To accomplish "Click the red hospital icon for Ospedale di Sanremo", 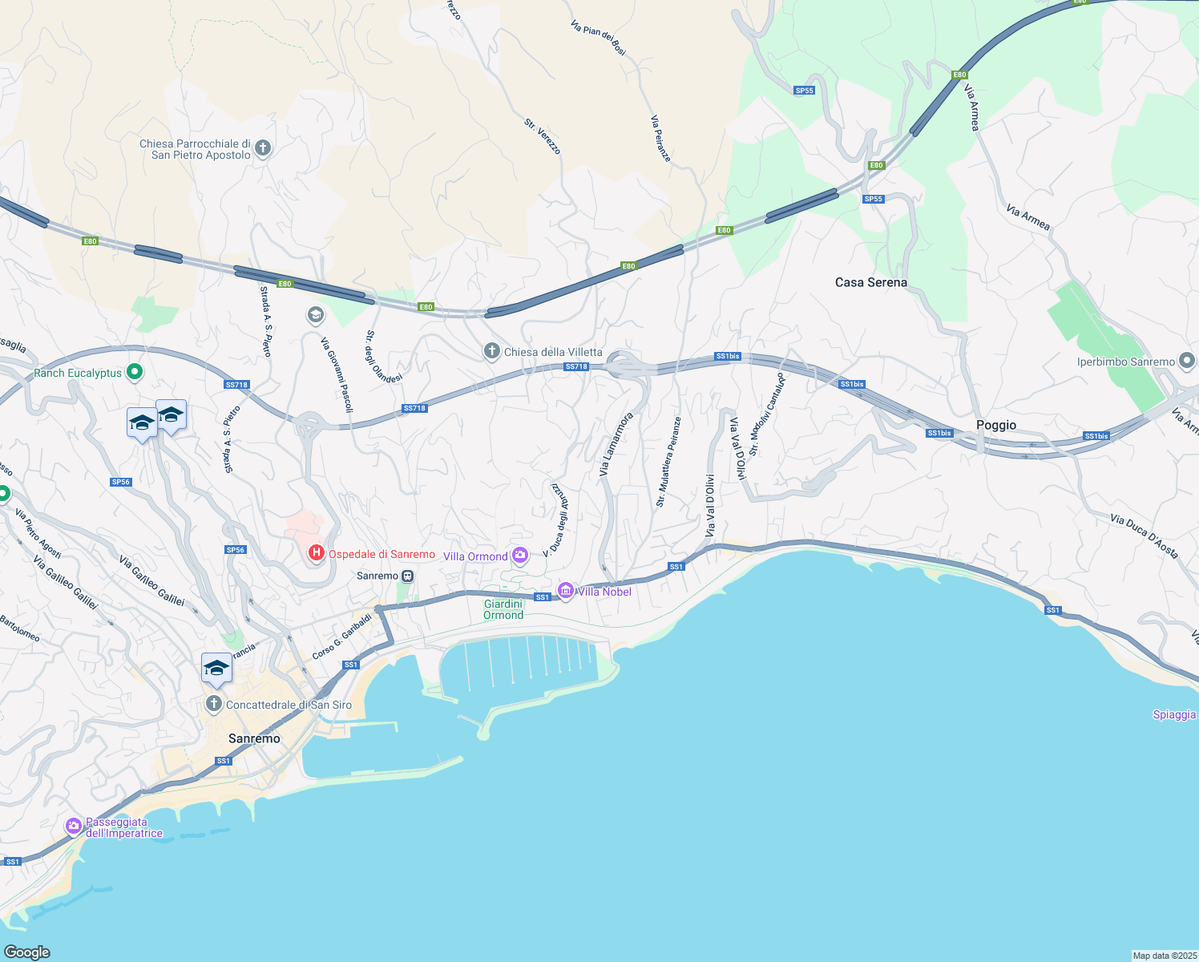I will tap(317, 553).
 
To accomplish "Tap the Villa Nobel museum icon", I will tap(566, 592).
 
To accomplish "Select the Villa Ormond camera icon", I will tap(520, 556).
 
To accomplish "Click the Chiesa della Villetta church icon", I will tap(491, 352).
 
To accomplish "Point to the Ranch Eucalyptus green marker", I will tap(135, 372).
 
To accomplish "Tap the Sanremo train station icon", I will tap(408, 576).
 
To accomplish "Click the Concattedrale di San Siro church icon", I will tap(213, 705).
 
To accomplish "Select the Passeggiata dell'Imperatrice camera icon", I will tap(74, 826).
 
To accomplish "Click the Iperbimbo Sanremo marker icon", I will tap(1187, 362).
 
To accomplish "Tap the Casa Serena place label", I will tap(871, 282).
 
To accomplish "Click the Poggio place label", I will tap(996, 425).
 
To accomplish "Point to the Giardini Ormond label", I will tap(503, 609).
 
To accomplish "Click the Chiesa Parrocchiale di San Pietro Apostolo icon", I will tap(263, 148).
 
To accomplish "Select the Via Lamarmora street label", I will tap(616, 444).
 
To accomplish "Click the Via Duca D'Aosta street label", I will tap(1144, 536).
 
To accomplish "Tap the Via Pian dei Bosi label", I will tap(598, 38).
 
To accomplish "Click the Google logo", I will tap(27, 952).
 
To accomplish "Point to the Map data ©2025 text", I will tap(1164, 956).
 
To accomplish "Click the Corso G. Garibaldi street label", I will tap(342, 637).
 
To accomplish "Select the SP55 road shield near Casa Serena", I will tap(873, 199).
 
